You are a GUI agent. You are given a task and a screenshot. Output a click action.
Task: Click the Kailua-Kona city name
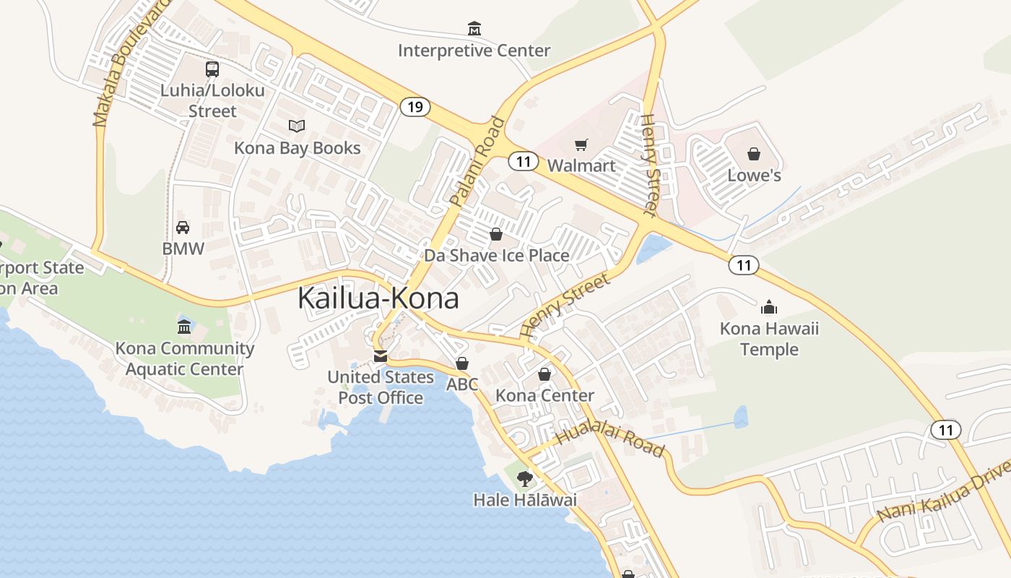(x=378, y=298)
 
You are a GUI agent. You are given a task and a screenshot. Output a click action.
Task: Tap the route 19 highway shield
(x=415, y=108)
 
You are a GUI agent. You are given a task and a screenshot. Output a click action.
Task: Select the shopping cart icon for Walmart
(x=581, y=145)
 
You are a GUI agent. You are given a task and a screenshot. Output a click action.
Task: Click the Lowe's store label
(x=754, y=176)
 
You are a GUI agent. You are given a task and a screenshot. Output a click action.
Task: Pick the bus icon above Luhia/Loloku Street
(x=212, y=69)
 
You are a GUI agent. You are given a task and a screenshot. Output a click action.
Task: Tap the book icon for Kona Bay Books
(x=296, y=126)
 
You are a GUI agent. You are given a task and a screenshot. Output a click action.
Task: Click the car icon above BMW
(x=183, y=228)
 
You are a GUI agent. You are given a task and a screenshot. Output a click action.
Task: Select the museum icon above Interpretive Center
(x=474, y=29)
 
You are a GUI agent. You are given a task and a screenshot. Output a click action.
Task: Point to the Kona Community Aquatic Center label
(x=185, y=358)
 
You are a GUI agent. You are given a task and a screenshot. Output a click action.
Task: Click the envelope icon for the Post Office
(x=380, y=356)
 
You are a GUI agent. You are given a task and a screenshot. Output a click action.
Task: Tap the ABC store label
(x=462, y=384)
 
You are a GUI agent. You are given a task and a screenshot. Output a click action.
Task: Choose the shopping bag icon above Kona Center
(x=544, y=374)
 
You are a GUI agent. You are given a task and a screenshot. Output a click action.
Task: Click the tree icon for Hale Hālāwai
(x=525, y=478)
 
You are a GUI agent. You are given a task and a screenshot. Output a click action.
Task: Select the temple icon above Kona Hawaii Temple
(x=769, y=308)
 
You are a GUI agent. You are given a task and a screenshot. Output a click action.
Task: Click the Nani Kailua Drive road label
(x=942, y=497)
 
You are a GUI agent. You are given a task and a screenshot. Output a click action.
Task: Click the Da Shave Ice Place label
(x=496, y=255)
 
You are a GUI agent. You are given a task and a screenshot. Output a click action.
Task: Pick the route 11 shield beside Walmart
(x=523, y=161)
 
